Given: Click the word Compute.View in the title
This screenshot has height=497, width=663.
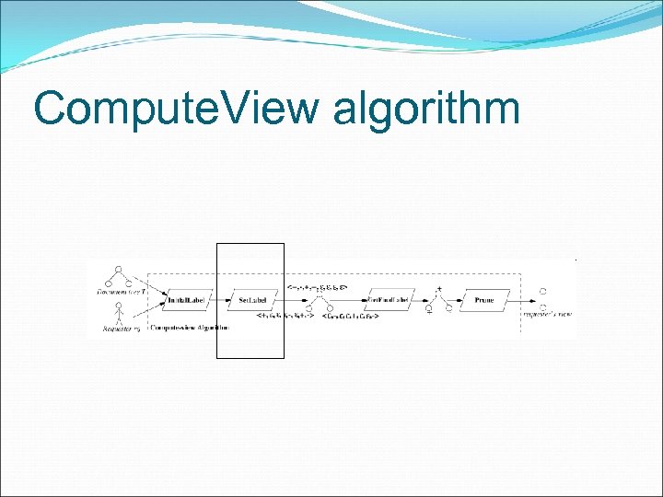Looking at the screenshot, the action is coord(175,108).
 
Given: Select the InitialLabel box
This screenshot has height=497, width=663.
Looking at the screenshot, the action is coord(190,301).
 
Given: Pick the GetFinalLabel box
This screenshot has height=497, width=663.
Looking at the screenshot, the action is coord(388,301).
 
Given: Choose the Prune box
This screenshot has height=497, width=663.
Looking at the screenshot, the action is coord(484,301).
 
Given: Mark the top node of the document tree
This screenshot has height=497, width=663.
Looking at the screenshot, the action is coord(117,269).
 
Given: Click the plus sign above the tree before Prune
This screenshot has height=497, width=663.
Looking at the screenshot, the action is coord(439,289).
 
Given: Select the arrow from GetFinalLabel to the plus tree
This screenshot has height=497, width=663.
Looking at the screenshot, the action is coord(423,301).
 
